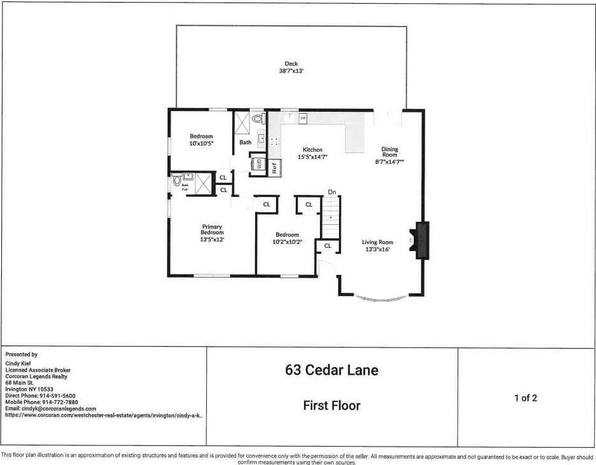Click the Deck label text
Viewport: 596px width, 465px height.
click(291, 64)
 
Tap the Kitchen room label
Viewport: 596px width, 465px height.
click(312, 150)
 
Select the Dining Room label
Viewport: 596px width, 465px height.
click(390, 152)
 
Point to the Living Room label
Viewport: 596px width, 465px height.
click(378, 242)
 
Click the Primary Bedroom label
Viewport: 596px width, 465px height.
click(213, 230)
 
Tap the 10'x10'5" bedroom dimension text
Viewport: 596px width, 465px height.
click(201, 144)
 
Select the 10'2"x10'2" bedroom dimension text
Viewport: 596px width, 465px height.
click(287, 241)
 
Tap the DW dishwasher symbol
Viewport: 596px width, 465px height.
click(303, 118)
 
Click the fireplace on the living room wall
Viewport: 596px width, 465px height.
click(421, 240)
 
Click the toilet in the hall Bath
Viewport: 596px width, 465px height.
click(258, 118)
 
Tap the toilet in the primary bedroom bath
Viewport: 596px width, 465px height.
click(177, 181)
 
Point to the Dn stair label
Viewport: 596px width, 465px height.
click(331, 191)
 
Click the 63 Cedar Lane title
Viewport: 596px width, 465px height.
click(331, 370)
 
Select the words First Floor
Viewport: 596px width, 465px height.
click(331, 405)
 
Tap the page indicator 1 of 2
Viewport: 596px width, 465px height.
click(526, 398)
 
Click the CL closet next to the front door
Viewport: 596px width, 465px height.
click(328, 245)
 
